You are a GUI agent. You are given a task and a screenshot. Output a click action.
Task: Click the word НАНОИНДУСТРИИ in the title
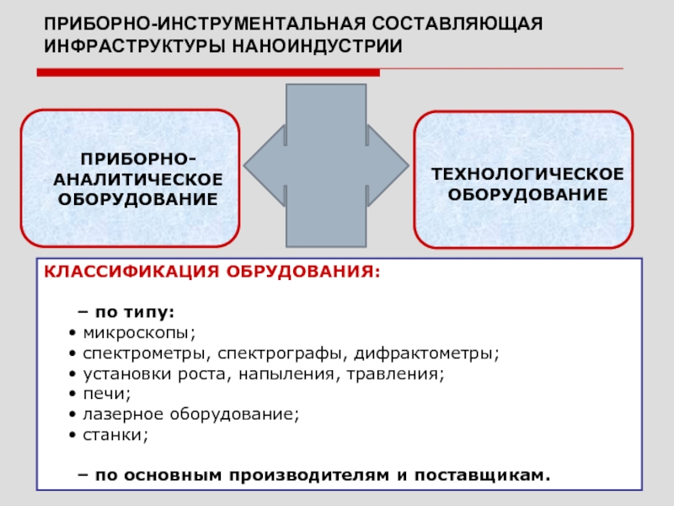click(318, 46)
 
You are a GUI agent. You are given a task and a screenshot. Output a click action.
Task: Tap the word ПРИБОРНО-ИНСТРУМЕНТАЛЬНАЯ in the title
click(204, 24)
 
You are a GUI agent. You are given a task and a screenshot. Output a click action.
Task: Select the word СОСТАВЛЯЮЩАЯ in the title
click(457, 24)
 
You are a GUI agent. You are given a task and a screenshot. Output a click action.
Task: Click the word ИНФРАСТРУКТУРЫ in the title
click(135, 46)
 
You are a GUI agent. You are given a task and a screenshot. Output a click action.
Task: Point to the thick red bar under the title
click(208, 73)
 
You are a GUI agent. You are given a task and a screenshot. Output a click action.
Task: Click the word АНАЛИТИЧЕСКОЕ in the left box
click(138, 180)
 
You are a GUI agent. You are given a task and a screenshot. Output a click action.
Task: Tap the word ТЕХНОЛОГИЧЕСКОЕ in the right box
click(527, 175)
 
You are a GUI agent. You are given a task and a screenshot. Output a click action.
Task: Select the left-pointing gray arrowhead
click(265, 165)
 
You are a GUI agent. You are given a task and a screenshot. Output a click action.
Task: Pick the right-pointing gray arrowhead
click(388, 165)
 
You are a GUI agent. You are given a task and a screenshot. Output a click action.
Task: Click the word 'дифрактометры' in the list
click(426, 353)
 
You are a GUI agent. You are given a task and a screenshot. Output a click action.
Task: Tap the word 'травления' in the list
click(395, 374)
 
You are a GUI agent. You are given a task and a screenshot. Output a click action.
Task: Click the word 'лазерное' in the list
click(123, 414)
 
